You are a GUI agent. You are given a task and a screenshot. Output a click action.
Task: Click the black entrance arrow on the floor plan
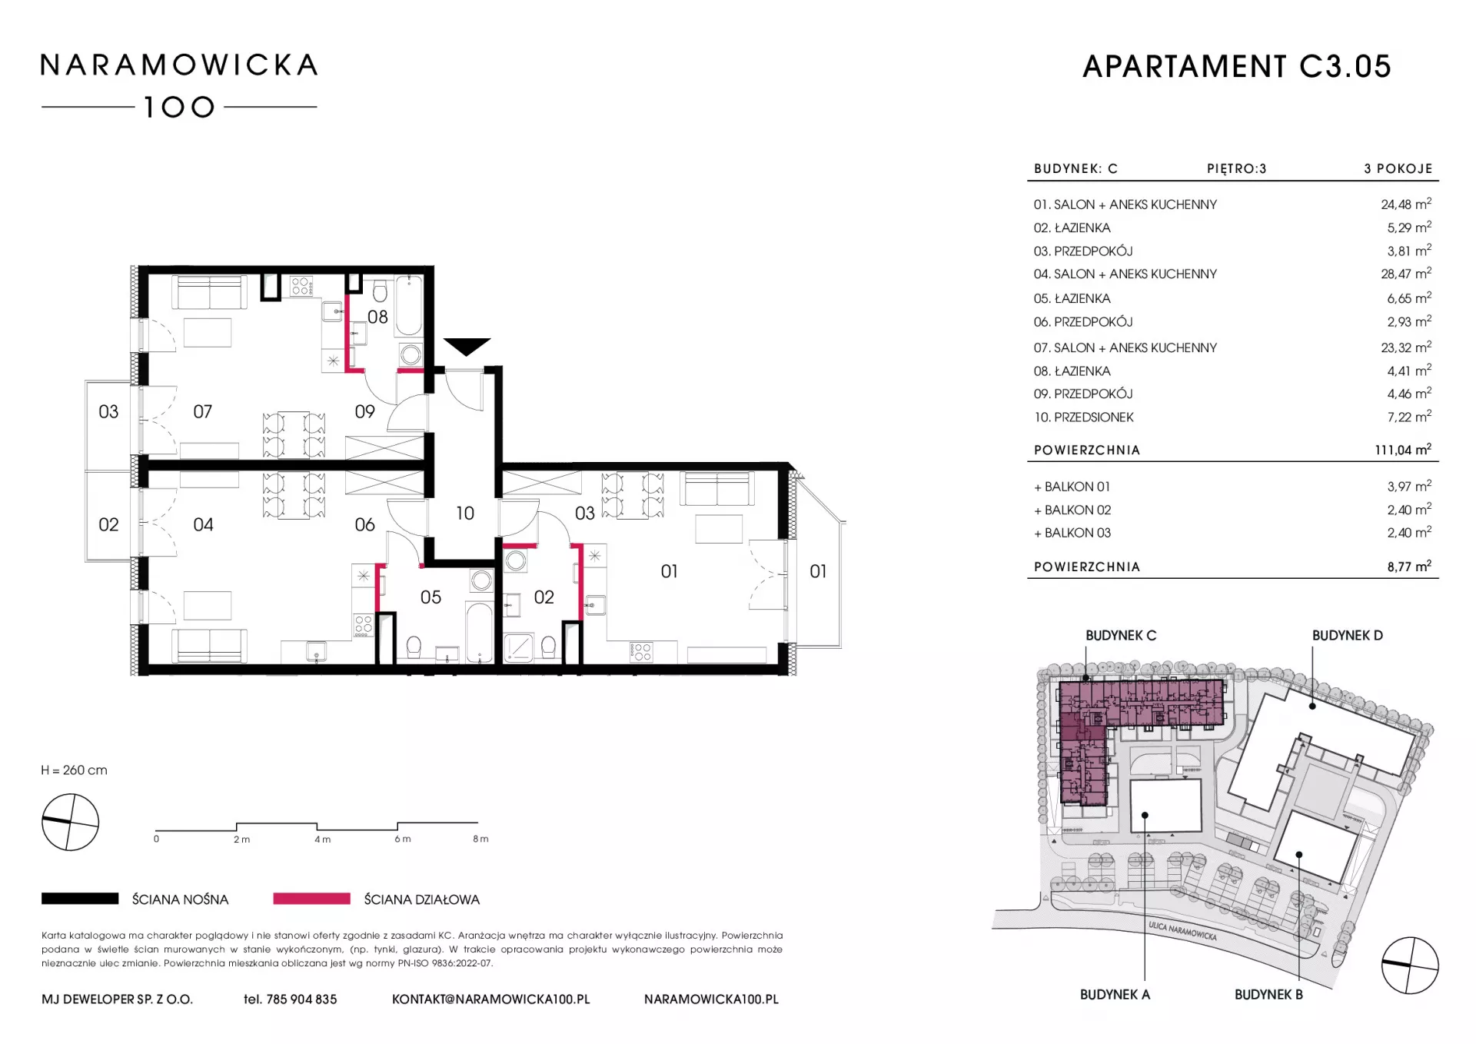pyautogui.click(x=467, y=346)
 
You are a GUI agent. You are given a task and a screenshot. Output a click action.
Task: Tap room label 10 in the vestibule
pyautogui.click(x=465, y=514)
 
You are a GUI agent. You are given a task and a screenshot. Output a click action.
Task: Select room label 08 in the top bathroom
pyautogui.click(x=377, y=317)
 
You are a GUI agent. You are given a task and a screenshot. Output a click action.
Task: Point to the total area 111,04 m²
pyautogui.click(x=1403, y=449)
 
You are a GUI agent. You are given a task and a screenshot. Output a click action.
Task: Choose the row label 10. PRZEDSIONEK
pyautogui.click(x=1084, y=417)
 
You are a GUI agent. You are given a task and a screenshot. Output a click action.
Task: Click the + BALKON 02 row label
pyautogui.click(x=1072, y=510)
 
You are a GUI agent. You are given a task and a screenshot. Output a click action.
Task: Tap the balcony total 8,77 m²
pyautogui.click(x=1409, y=567)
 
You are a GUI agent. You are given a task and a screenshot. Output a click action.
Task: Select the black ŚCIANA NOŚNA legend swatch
pyautogui.click(x=80, y=898)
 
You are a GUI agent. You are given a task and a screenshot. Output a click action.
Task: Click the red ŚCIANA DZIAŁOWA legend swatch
pyautogui.click(x=311, y=898)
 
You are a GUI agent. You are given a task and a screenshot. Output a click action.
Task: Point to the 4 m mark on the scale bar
pyautogui.click(x=322, y=839)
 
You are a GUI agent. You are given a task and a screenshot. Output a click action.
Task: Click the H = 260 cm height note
pyautogui.click(x=75, y=770)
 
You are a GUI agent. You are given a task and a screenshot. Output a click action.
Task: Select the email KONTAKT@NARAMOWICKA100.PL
pyautogui.click(x=491, y=999)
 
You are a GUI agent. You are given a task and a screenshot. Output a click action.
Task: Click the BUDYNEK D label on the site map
pyautogui.click(x=1348, y=635)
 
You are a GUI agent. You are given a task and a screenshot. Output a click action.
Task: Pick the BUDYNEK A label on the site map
pyautogui.click(x=1115, y=994)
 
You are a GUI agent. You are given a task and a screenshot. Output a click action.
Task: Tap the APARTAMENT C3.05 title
pyautogui.click(x=1237, y=67)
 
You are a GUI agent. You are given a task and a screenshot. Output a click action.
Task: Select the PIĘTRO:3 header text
pyautogui.click(x=1236, y=168)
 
